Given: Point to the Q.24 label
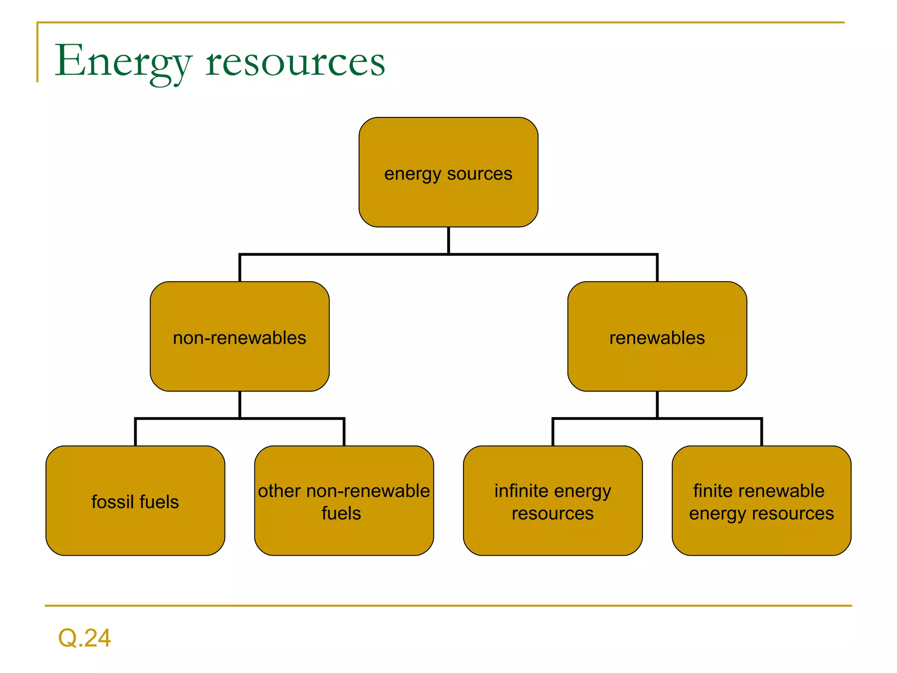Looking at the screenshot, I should point(85,638).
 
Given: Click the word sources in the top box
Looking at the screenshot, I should point(480,174).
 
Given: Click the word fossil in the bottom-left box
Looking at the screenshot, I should point(112,502).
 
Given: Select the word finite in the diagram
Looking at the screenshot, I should point(712,491).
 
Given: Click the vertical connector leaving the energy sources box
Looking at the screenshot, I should point(448,240).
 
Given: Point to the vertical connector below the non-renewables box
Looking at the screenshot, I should point(240,404).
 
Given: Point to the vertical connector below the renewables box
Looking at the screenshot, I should point(657,404).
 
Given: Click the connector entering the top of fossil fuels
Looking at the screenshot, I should point(135,433).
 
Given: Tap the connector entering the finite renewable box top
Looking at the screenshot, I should point(762,433).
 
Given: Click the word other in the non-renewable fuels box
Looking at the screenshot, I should point(279,491).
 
